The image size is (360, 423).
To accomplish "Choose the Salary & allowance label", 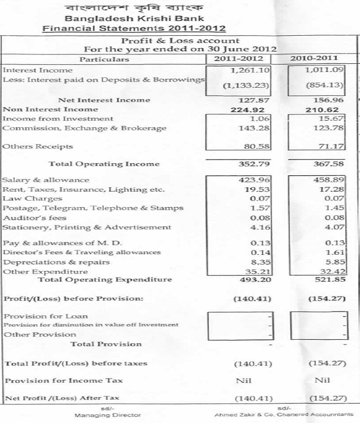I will coord(46,180).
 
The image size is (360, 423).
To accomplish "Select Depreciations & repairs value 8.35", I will coord(246,262).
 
